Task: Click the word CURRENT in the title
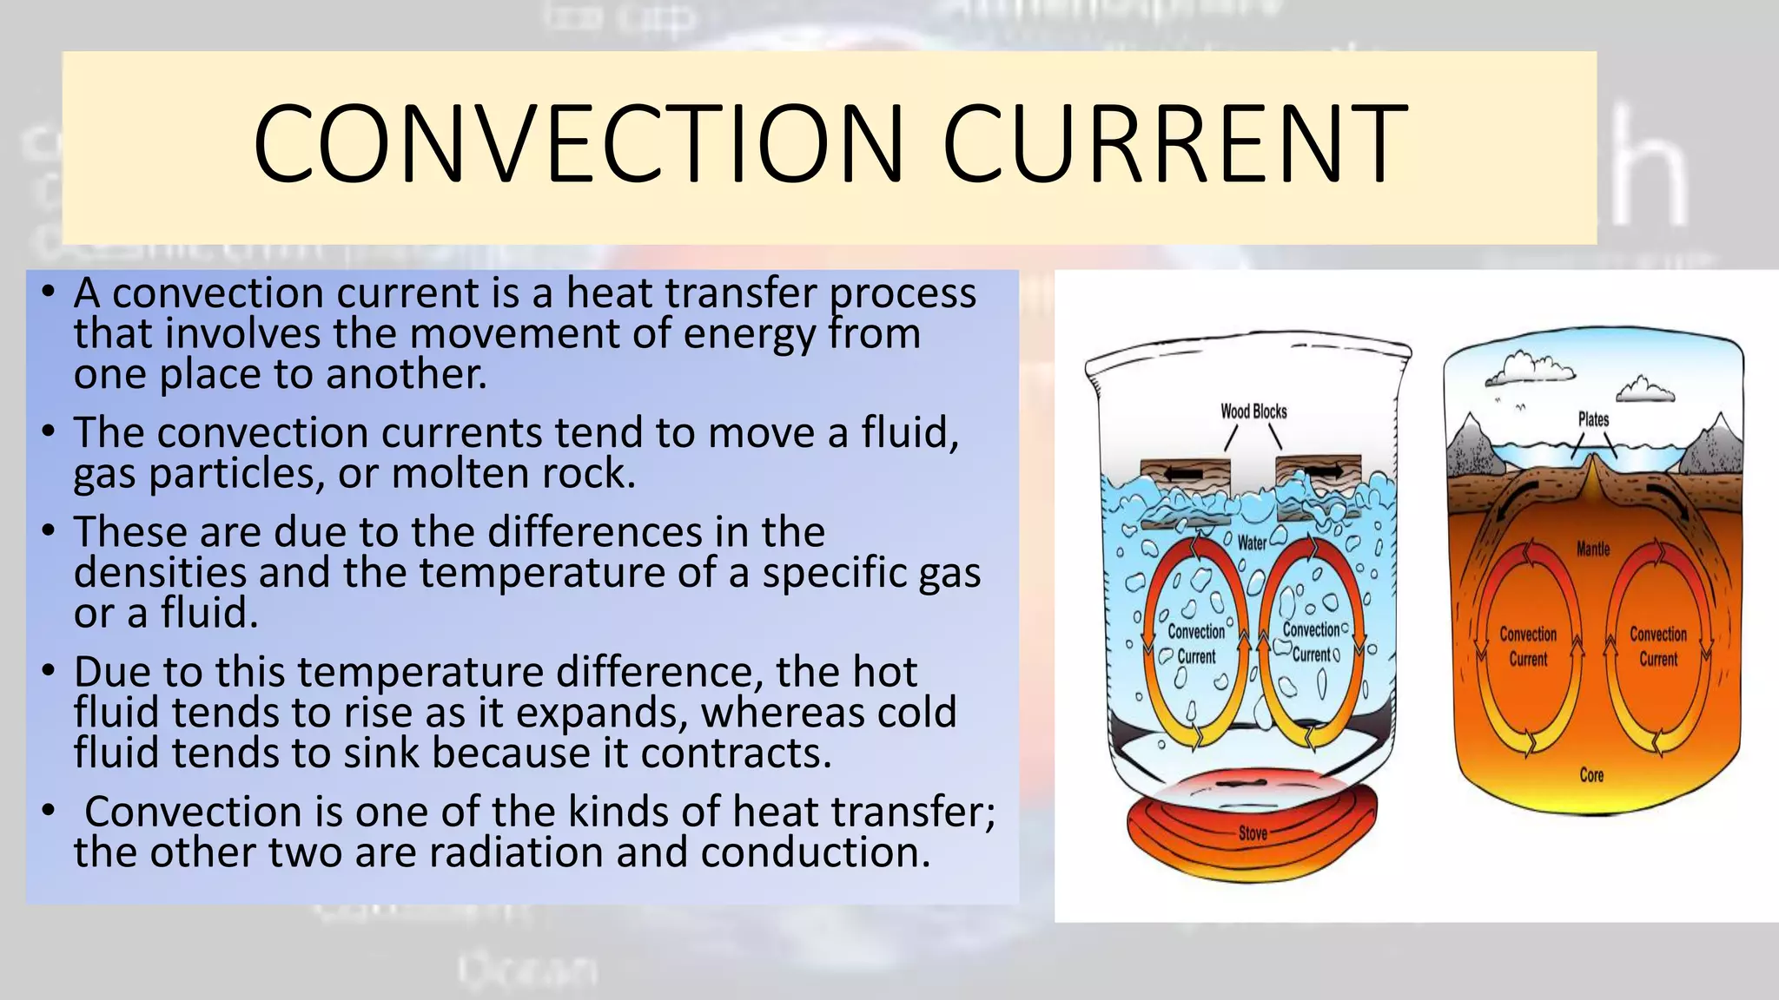[x=1174, y=144]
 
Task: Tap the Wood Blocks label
[x=1253, y=411]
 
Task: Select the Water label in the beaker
[x=1252, y=543]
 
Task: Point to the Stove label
[x=1253, y=833]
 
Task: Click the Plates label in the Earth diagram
[x=1593, y=419]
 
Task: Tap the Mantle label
[x=1593, y=549]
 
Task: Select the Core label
[x=1591, y=775]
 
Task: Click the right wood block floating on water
[x=1317, y=471]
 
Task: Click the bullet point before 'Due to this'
[x=49, y=671]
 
